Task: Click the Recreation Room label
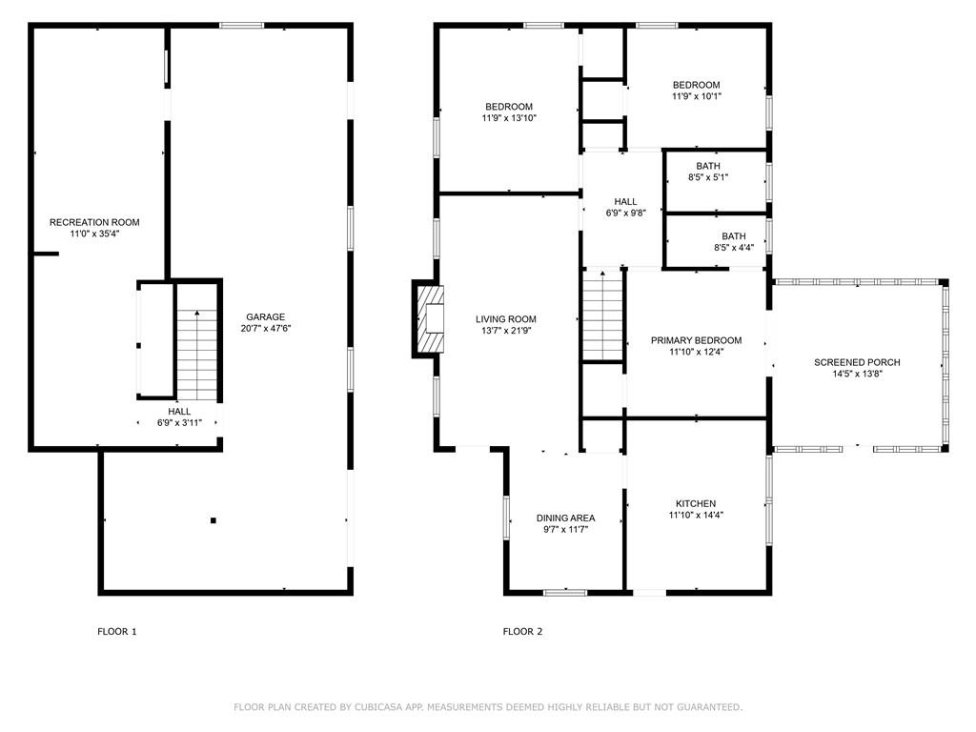pos(94,222)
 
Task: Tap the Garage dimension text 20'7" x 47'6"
pos(266,329)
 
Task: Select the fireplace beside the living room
pos(429,318)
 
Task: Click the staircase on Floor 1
pos(196,355)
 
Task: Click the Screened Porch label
pos(857,362)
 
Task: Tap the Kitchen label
pos(696,503)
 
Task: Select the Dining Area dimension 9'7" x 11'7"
pos(566,530)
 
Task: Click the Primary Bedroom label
pos(696,340)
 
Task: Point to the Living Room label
pos(506,319)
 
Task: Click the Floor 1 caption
pos(117,632)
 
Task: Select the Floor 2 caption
pos(523,632)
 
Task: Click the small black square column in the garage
pos(213,520)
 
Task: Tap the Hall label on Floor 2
pos(625,202)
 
